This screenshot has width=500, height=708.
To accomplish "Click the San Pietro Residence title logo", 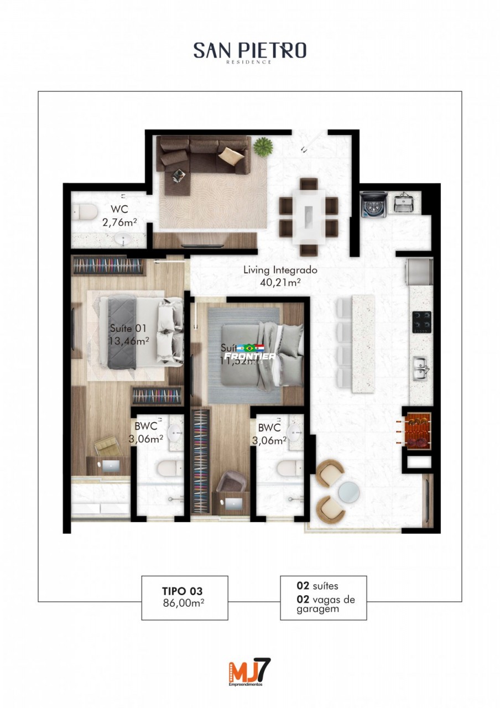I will tap(249, 52).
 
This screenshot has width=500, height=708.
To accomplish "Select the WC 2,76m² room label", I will tap(119, 216).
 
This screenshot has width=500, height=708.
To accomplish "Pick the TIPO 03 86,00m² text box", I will tap(185, 597).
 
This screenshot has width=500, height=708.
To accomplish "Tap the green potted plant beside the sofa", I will tap(263, 147).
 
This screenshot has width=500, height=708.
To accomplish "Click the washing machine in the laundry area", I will tap(373, 205).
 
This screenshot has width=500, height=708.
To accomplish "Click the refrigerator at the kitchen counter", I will tap(419, 271).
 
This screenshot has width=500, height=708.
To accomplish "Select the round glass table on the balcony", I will tap(349, 491).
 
